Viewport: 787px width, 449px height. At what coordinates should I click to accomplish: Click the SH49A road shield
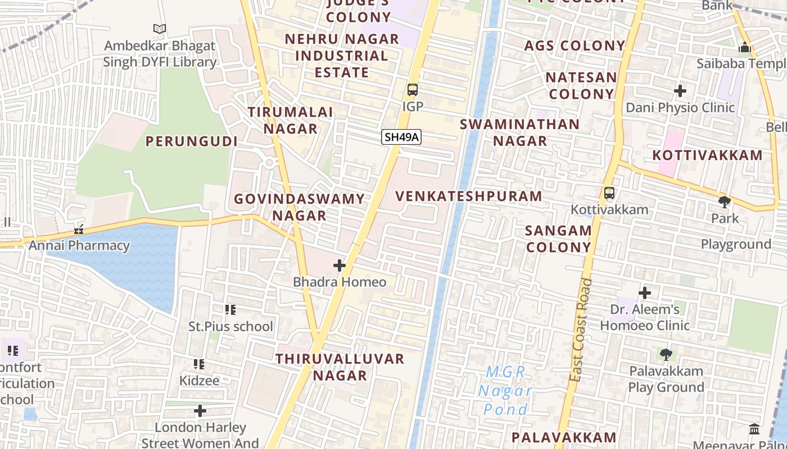coord(401,137)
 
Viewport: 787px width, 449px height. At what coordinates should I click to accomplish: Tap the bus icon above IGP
coord(413,90)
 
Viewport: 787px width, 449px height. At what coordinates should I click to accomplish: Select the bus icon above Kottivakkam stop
coord(609,193)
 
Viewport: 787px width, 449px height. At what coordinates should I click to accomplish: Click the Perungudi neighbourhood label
coord(192,141)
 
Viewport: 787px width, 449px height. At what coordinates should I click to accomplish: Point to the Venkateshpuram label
coord(469,196)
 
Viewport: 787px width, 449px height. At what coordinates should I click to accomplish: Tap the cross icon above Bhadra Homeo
coord(340,265)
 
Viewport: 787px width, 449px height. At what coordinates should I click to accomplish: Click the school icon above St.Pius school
coord(230,310)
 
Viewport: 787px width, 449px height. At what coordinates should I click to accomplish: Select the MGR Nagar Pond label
coord(505,391)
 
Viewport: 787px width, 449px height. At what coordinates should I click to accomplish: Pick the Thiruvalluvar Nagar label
coord(340,367)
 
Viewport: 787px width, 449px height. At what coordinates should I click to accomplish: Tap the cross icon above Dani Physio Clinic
coord(680,90)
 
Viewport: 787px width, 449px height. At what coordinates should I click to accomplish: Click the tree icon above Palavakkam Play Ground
coord(666,354)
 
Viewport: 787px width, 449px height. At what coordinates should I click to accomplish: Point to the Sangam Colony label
coord(559,239)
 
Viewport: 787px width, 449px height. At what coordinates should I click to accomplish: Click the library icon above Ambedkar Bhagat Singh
coord(160,29)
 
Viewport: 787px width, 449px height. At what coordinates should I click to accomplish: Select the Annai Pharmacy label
coord(79,245)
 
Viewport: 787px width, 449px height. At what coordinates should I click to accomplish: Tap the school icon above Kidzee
coord(199,364)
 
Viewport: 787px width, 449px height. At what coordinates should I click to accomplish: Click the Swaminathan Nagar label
coord(519,132)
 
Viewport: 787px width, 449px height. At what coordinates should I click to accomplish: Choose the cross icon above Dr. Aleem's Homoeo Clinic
coord(645,292)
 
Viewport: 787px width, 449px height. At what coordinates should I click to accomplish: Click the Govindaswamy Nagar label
coord(300,207)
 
